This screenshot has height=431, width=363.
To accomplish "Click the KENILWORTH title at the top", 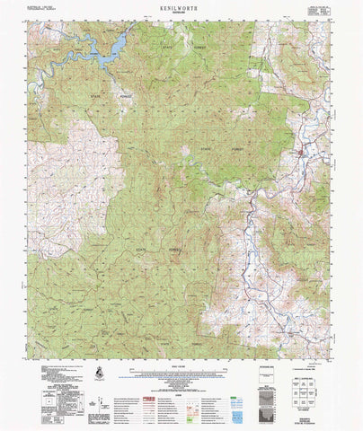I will (x=181, y=5).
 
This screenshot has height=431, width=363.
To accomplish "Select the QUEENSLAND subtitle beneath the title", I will (x=181, y=12).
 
